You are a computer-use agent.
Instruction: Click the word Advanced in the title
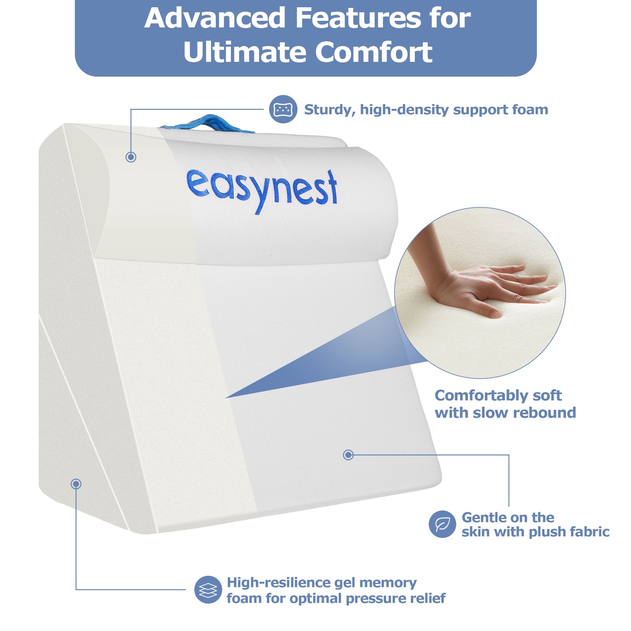[215, 18]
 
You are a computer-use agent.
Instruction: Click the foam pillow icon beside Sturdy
[283, 109]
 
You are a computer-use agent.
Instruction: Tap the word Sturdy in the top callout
[330, 110]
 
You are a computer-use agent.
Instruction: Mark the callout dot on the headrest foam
[131, 157]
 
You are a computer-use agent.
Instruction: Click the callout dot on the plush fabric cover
[348, 455]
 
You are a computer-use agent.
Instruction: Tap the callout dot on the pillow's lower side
[76, 484]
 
